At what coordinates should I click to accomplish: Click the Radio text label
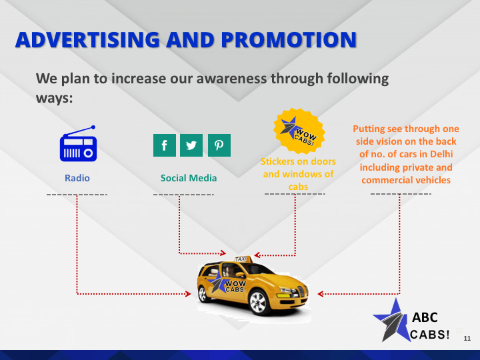click(x=77, y=178)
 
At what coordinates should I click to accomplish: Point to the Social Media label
click(x=189, y=178)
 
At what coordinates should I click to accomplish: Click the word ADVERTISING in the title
click(x=87, y=40)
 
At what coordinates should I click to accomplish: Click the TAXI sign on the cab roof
click(x=240, y=258)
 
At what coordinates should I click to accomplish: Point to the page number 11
click(x=467, y=339)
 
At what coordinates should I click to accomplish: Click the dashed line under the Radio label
click(x=77, y=194)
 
